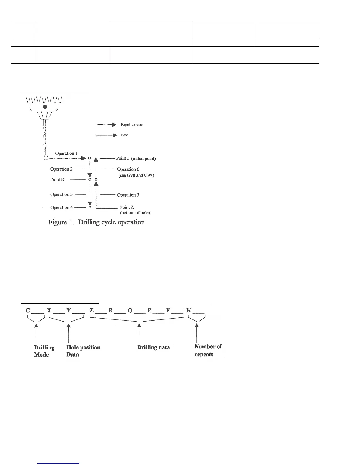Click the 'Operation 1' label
66,153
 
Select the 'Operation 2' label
61,169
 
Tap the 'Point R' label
57,179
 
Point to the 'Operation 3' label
61,194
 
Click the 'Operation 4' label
61,207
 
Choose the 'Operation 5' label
128,195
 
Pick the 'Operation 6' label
128,169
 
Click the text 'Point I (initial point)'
136,158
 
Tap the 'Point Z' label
127,207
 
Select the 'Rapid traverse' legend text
132,124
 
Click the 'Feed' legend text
125,135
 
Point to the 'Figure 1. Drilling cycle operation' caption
96,222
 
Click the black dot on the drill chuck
45,107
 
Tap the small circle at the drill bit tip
46,158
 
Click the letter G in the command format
28,310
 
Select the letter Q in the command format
130,310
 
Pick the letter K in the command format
189,310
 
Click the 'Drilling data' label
153,347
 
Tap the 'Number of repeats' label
208,350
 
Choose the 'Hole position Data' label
83,351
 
